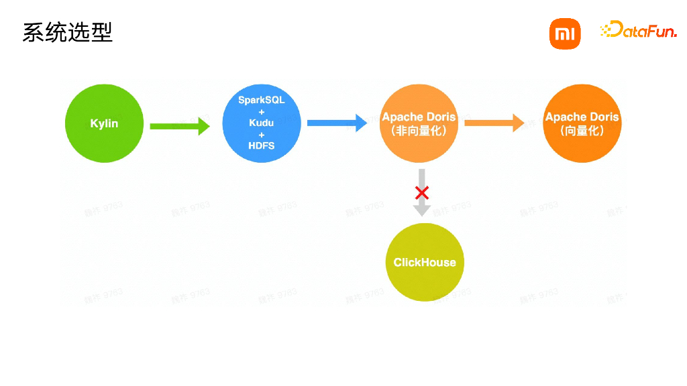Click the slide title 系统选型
67,32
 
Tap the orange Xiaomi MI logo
565,34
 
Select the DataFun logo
638,29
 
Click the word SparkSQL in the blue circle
261,100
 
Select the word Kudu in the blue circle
261,123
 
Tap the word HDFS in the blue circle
261,145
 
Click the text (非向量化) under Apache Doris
418,131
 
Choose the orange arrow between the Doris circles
494,123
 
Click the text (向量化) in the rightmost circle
582,131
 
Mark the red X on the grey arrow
422,193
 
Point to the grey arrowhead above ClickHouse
422,209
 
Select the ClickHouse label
424,263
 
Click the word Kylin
104,124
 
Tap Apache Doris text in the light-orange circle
418,117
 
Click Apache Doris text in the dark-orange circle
582,117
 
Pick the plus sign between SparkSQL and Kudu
261,111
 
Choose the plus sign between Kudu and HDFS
261,134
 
